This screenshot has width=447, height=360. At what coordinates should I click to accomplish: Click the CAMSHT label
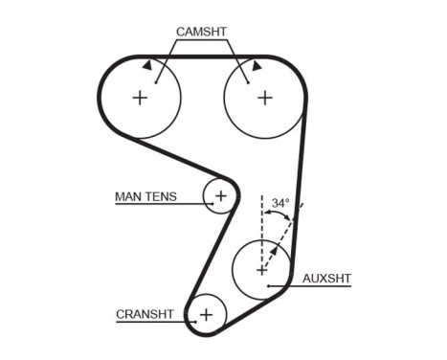click(201, 32)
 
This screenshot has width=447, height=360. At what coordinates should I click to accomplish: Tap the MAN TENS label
click(145, 197)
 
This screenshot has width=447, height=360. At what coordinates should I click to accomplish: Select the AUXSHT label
click(326, 280)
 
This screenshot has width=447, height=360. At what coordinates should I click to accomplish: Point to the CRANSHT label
click(145, 314)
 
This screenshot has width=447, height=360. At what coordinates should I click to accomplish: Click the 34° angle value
click(279, 204)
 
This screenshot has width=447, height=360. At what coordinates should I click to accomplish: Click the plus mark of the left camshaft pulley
click(140, 98)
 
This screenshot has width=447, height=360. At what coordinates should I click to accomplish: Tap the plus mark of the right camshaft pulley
click(264, 98)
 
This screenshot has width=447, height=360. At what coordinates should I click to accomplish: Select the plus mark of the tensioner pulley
click(220, 196)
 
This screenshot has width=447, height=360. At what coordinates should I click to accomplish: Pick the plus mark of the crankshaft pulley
click(205, 313)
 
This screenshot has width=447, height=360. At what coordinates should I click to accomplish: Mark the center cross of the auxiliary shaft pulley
click(261, 270)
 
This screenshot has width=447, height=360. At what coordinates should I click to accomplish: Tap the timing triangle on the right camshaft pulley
click(257, 65)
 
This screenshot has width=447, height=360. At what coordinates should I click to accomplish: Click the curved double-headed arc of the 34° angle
click(277, 219)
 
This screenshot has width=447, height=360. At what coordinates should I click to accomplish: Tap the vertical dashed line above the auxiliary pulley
click(261, 215)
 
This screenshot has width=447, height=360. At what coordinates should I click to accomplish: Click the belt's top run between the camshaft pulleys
click(202, 58)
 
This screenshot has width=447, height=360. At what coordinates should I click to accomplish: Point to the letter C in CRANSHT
click(120, 314)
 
